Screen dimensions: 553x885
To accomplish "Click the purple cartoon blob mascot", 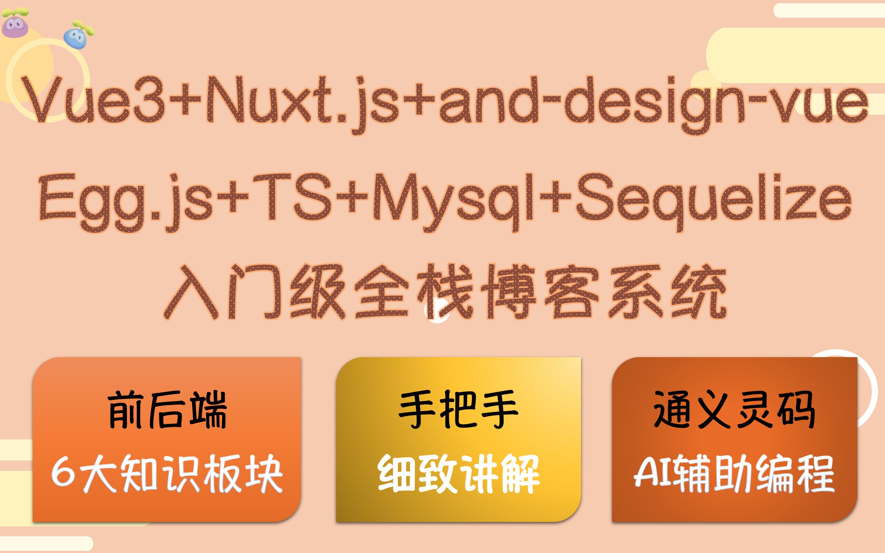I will (15, 23).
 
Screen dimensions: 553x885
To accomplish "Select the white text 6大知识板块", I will (167, 474).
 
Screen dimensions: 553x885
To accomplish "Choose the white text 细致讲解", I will (459, 474).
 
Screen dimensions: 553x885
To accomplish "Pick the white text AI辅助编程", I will (734, 474).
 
